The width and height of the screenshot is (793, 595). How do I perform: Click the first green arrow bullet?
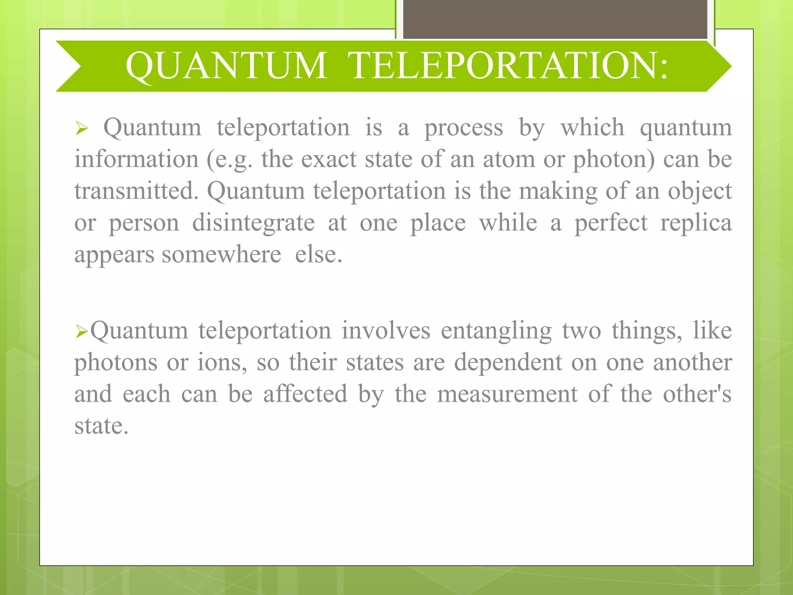82,128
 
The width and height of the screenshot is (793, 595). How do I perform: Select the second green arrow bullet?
82,332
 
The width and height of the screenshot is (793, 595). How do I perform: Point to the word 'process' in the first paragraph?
463,128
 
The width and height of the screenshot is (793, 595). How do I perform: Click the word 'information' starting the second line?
136,160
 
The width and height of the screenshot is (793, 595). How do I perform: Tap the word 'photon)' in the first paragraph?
614,160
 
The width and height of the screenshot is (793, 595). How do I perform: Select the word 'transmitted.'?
136,191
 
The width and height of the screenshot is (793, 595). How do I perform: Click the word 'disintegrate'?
253,223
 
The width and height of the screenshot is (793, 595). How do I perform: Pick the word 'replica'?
696,223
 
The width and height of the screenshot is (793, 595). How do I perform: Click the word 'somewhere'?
221,255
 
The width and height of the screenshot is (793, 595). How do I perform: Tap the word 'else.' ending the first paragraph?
318,255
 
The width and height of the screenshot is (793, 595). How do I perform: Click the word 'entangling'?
496,331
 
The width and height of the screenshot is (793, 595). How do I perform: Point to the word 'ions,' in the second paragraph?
222,363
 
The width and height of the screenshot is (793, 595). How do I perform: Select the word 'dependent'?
508,363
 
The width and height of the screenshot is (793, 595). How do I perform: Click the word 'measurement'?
508,394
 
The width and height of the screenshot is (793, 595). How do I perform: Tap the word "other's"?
697,394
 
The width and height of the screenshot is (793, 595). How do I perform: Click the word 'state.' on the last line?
101,426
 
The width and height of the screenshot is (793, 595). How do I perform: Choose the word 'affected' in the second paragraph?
305,394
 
